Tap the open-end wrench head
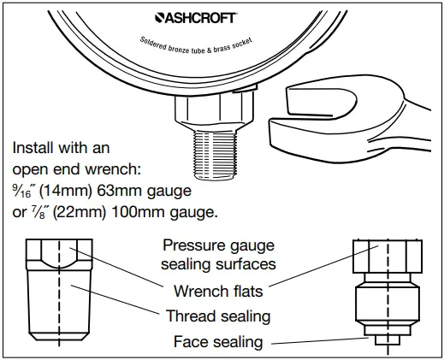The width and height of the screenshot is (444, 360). pos(321,115)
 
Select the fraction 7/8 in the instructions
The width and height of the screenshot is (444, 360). pos(42,211)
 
